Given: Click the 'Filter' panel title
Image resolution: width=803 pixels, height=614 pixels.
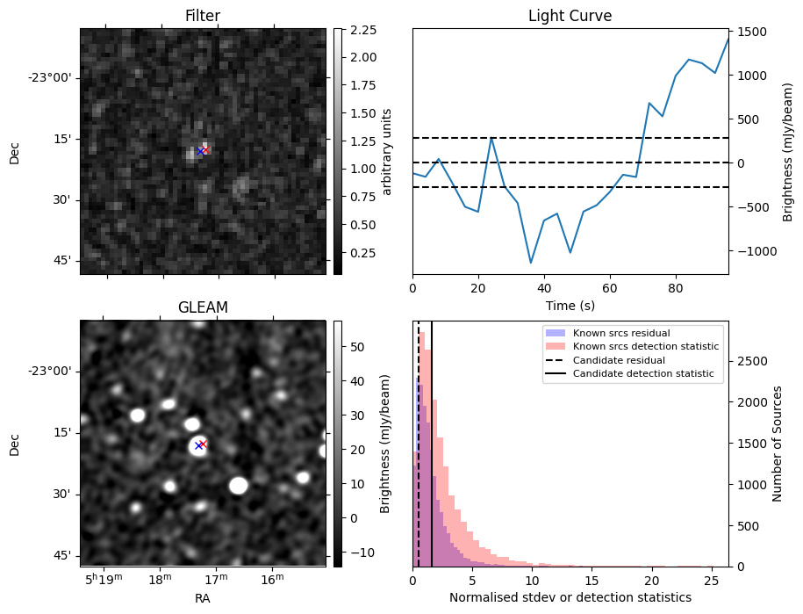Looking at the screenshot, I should (x=202, y=17).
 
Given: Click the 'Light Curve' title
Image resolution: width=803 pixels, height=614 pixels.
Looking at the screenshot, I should (x=570, y=17).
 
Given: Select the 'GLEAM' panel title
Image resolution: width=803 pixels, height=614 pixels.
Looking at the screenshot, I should (x=202, y=307).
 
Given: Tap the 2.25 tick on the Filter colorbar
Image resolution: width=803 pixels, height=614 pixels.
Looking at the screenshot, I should (x=362, y=30).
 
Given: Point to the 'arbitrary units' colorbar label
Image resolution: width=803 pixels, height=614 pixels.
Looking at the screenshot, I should (x=387, y=151).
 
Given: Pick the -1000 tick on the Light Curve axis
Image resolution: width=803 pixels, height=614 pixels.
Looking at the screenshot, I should (x=754, y=251).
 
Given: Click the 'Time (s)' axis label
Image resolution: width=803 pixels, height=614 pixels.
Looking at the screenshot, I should (x=570, y=305).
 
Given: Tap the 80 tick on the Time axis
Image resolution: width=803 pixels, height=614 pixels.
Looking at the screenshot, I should (x=675, y=287).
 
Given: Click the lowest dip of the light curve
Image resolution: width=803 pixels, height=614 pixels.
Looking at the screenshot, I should (x=531, y=263).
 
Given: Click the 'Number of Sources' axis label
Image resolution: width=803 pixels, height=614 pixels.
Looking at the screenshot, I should (x=777, y=444).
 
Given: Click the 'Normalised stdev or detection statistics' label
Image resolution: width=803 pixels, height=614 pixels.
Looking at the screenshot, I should (x=570, y=597).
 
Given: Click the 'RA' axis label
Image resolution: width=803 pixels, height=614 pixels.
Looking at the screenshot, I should (x=202, y=598).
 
